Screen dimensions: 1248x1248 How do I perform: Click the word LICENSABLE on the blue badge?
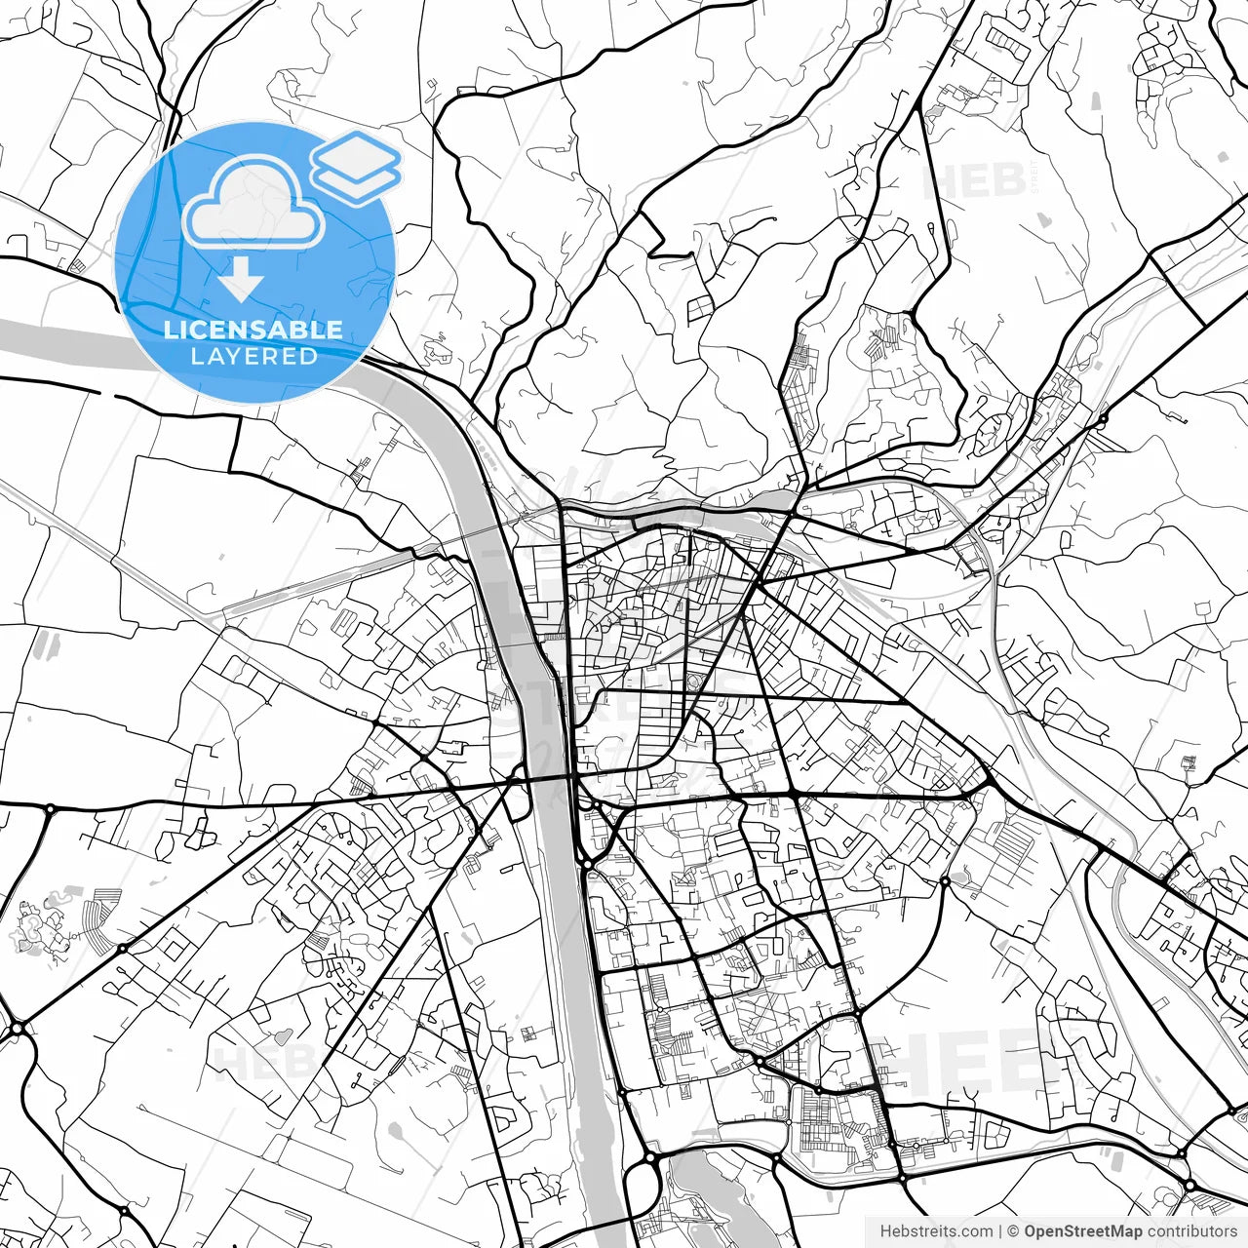(x=253, y=330)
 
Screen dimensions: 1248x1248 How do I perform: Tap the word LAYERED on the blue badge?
(x=253, y=356)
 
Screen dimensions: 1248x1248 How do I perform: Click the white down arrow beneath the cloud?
(x=241, y=284)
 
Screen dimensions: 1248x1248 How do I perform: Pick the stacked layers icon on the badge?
(x=356, y=166)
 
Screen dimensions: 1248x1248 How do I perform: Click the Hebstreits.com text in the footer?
(x=936, y=1231)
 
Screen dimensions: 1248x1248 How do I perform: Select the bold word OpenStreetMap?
(x=1083, y=1231)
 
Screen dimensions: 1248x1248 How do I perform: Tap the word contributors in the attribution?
(x=1191, y=1231)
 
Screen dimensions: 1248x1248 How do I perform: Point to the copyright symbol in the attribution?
(x=1014, y=1231)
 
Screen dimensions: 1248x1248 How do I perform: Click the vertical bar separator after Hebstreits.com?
(x=1000, y=1231)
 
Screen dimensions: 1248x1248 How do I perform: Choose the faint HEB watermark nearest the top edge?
(x=975, y=180)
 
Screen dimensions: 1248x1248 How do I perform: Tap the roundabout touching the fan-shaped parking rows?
(x=122, y=948)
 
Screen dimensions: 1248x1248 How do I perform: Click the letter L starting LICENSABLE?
(x=169, y=330)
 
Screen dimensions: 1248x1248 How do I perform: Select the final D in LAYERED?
(x=310, y=356)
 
